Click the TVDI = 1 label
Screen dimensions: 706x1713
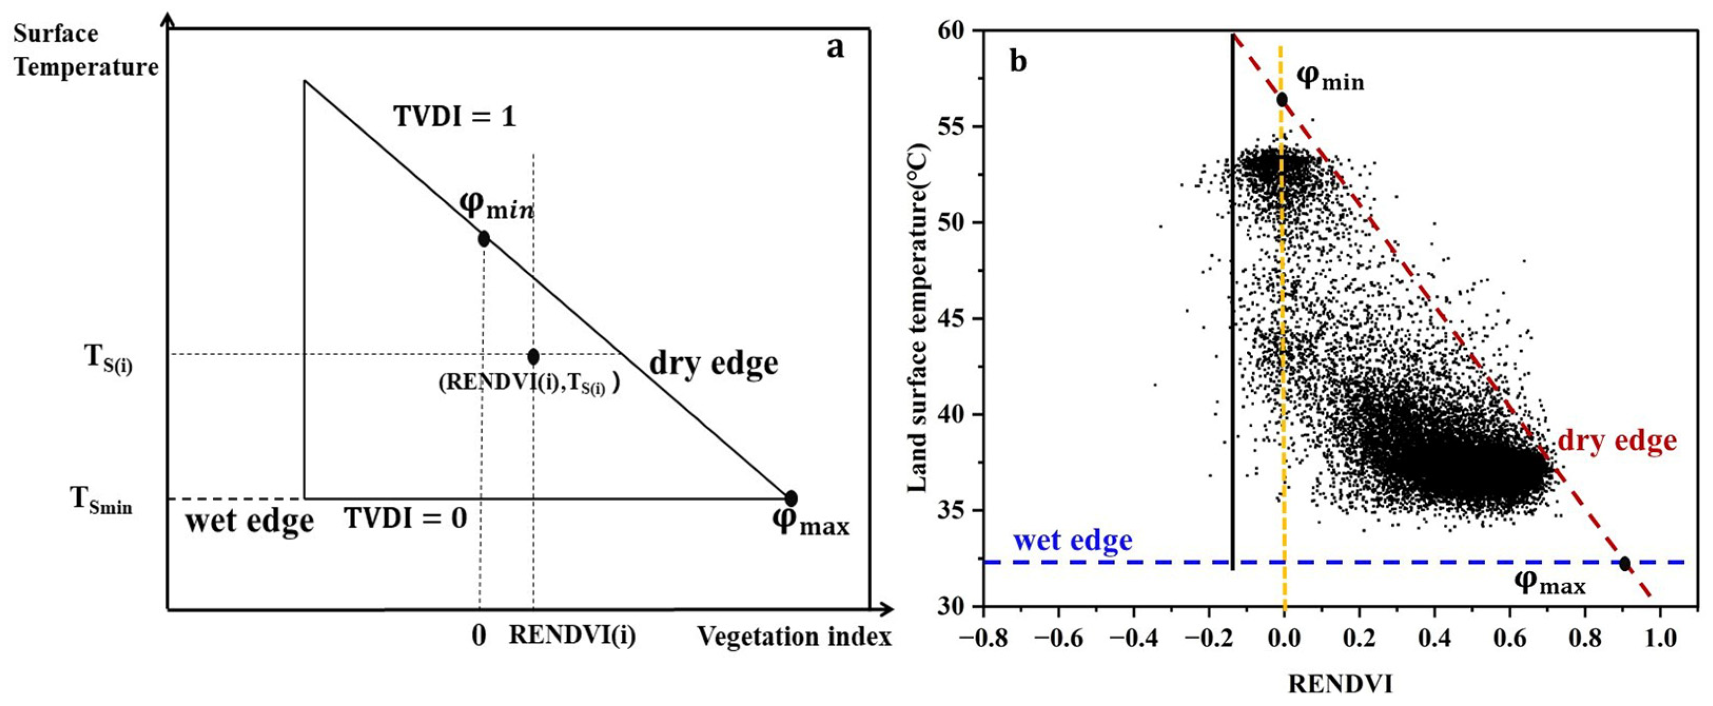(455, 117)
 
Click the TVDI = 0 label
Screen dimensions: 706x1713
(406, 518)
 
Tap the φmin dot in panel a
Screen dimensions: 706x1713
(483, 239)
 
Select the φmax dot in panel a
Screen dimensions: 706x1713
(791, 498)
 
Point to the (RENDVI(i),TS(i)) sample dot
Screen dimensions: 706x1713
(533, 356)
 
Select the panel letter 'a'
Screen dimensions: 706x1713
(835, 48)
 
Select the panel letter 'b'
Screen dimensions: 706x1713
(1018, 61)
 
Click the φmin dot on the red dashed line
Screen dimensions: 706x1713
(1281, 100)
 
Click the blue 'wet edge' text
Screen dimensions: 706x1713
(1073, 540)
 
